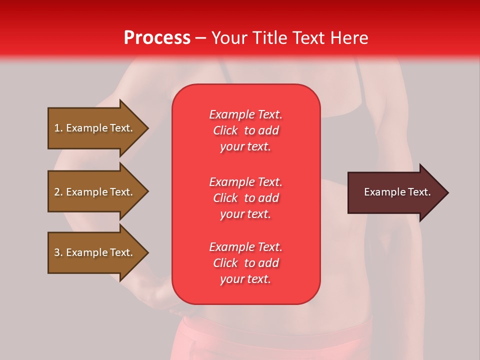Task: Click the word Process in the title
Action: point(157,38)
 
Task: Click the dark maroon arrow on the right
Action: point(395,192)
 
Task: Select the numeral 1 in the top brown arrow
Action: point(56,128)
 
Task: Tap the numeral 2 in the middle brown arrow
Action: point(56,192)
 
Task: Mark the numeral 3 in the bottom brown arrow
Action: point(56,252)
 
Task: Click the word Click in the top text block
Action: point(225,130)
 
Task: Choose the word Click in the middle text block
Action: point(225,198)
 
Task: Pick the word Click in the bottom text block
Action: point(225,263)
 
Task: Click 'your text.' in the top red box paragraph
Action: point(245,146)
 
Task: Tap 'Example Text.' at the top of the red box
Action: point(245,114)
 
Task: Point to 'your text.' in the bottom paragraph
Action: point(245,279)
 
